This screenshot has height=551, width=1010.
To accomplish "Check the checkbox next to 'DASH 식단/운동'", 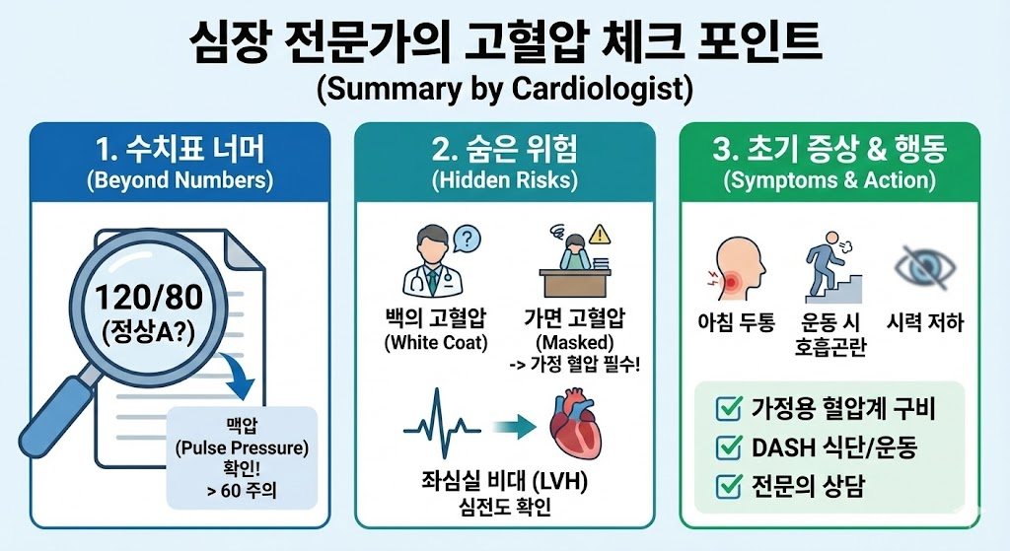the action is tap(728, 448).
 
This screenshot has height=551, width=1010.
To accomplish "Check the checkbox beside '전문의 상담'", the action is tap(728, 485).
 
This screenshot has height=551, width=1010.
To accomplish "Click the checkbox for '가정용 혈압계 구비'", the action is tap(728, 409).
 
